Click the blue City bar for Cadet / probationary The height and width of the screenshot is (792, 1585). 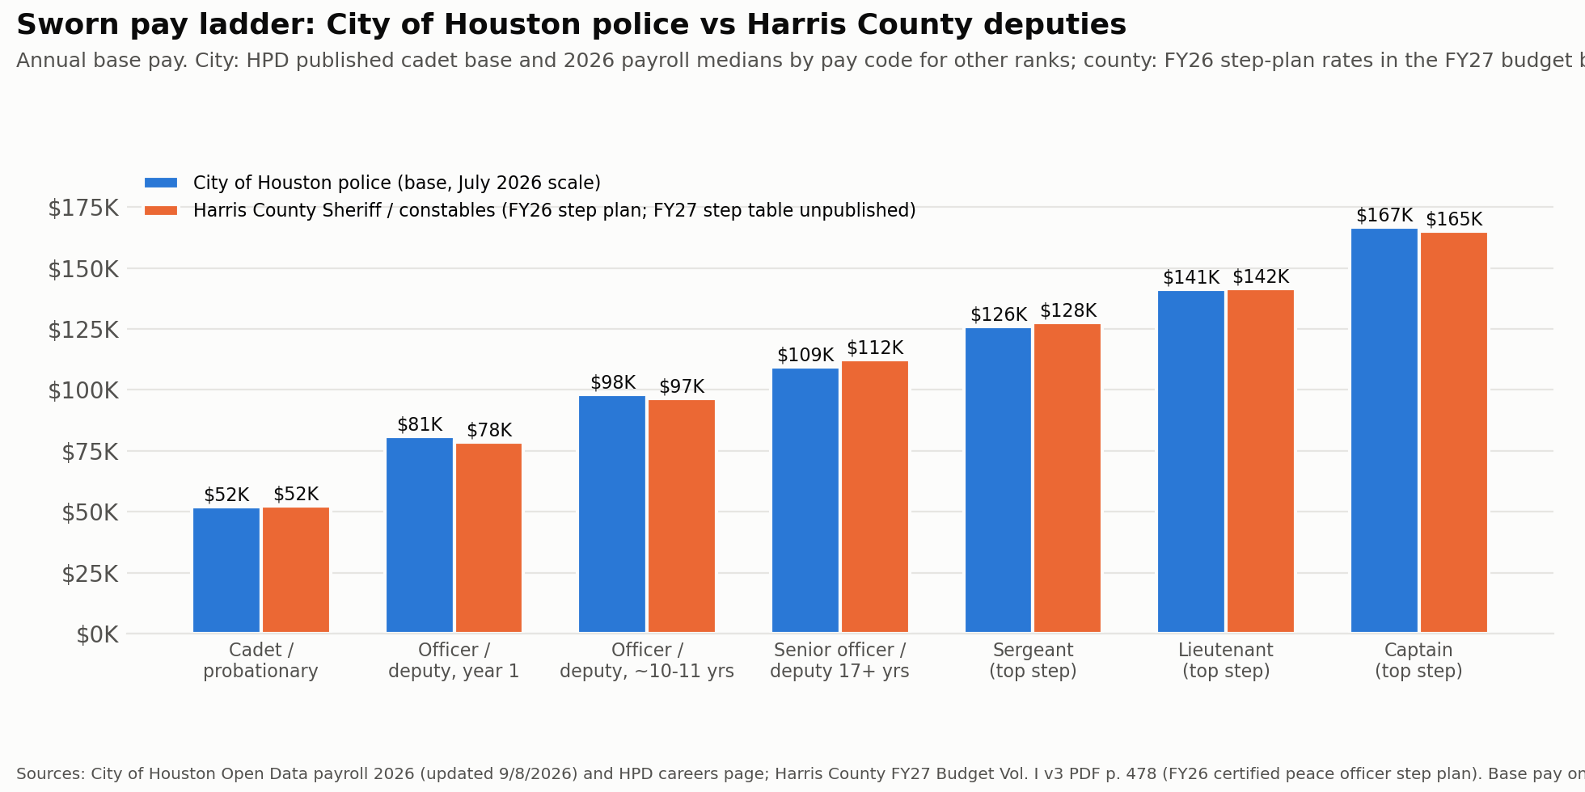(226, 571)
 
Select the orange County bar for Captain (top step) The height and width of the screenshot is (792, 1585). (1454, 433)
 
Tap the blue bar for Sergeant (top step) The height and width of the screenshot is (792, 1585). (999, 480)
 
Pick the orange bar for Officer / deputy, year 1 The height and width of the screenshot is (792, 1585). (489, 538)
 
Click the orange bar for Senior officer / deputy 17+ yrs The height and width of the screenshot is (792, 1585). (875, 497)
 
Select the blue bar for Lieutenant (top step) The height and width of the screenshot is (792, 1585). (1191, 461)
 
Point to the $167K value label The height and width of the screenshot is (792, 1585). (1384, 216)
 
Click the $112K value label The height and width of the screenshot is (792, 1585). (875, 348)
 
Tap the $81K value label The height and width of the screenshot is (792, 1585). (420, 425)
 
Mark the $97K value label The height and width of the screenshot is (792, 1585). (682, 387)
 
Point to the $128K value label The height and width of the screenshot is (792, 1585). (1068, 311)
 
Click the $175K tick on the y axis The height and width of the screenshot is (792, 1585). (83, 209)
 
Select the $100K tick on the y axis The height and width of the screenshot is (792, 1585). (83, 391)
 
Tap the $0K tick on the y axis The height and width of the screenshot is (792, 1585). (97, 635)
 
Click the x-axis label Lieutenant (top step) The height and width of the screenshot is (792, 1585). (1226, 661)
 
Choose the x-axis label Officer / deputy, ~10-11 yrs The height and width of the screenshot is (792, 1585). (647, 661)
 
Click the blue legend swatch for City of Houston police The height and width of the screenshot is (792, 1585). (161, 183)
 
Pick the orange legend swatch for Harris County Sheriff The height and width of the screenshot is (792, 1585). (161, 211)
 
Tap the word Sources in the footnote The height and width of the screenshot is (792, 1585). (50, 774)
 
